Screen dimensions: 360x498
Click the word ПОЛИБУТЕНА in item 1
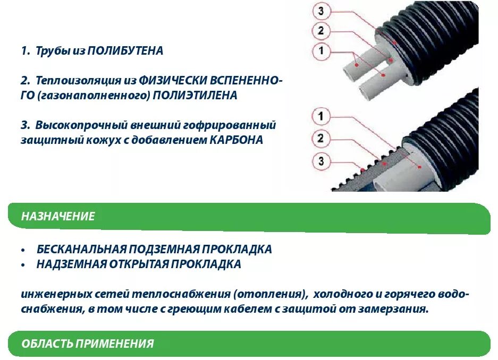125,52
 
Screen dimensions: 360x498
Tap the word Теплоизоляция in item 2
66,81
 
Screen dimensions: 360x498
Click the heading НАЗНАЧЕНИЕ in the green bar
58,217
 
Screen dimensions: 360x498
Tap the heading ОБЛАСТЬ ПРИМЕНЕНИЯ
88,344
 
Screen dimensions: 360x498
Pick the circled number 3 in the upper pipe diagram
320,10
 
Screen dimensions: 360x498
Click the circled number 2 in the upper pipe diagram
320,30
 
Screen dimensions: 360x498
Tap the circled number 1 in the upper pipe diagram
320,51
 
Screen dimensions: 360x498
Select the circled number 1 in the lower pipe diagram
320,116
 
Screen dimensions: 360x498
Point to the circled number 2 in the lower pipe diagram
320,139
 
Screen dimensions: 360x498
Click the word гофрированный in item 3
243,126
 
